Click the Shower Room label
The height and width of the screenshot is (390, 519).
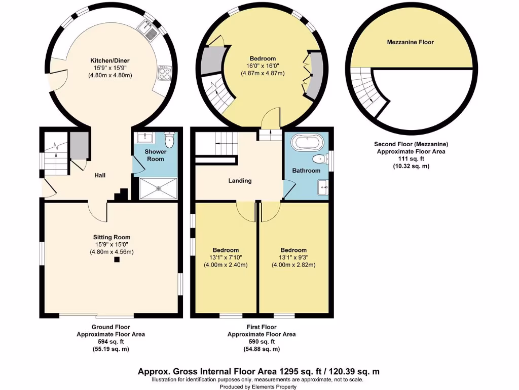coord(156,155)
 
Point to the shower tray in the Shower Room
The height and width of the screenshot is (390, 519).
coord(158,187)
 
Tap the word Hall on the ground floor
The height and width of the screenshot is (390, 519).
coord(100,175)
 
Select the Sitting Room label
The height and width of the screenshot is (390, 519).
coord(112,237)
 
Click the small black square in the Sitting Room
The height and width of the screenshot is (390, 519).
coord(117,259)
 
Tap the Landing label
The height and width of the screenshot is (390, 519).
coord(240,181)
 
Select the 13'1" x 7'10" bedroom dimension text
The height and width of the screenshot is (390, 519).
coord(226,257)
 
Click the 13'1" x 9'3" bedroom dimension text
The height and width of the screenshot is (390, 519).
coord(293,257)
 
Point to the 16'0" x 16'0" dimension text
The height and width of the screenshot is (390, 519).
coord(262,66)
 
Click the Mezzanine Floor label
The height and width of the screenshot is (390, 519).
coord(410,42)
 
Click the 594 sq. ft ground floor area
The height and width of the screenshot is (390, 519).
coord(110,342)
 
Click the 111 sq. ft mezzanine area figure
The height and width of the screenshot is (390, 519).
coord(411,159)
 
